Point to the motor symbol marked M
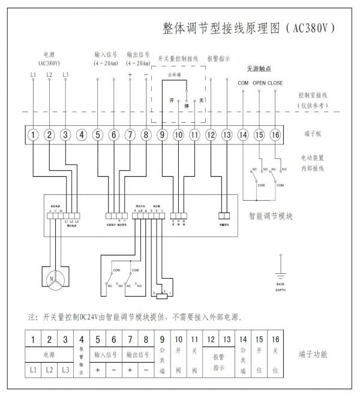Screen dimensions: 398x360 click(x=55, y=278)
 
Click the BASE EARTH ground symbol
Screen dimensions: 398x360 click(x=280, y=264)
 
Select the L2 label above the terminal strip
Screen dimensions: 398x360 click(x=49, y=75)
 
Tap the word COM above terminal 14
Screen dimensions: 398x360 click(x=243, y=83)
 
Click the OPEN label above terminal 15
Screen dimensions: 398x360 click(x=259, y=83)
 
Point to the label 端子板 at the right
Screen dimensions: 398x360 click(x=313, y=134)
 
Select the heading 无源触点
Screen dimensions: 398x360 click(x=259, y=69)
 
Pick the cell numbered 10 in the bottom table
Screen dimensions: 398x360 click(x=178, y=340)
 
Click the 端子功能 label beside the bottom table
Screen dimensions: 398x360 click(x=313, y=354)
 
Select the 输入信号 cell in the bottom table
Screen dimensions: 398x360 click(x=106, y=355)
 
